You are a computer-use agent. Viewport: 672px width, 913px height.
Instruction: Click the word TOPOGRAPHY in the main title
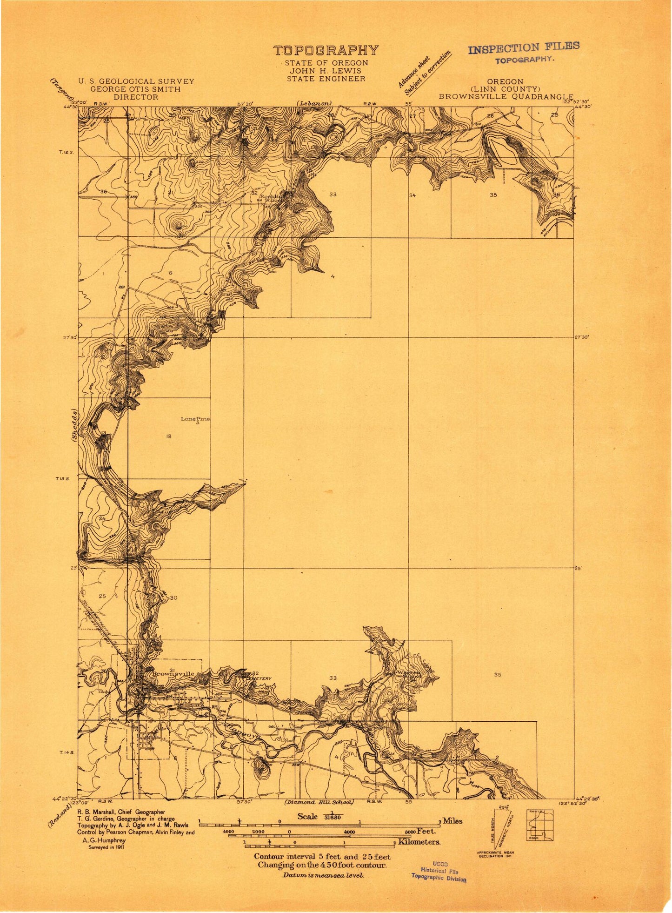pos(326,50)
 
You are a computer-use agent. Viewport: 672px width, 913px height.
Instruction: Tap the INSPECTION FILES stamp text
pos(524,48)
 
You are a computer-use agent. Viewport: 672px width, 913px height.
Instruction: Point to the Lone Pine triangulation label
pos(195,419)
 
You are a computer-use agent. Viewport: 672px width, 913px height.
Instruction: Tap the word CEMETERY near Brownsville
pos(259,678)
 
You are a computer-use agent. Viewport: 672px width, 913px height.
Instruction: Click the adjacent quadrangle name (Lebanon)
pos(314,103)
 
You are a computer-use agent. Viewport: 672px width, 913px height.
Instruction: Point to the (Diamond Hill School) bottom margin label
pos(319,802)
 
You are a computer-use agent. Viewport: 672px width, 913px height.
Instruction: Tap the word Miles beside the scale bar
pos(452,821)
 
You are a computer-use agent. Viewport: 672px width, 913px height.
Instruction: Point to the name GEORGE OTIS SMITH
pos(135,89)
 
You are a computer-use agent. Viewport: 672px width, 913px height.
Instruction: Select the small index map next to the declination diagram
pos(539,825)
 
